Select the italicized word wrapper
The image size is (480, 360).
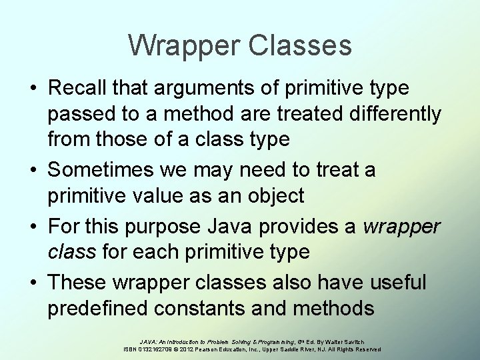click(x=402, y=227)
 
